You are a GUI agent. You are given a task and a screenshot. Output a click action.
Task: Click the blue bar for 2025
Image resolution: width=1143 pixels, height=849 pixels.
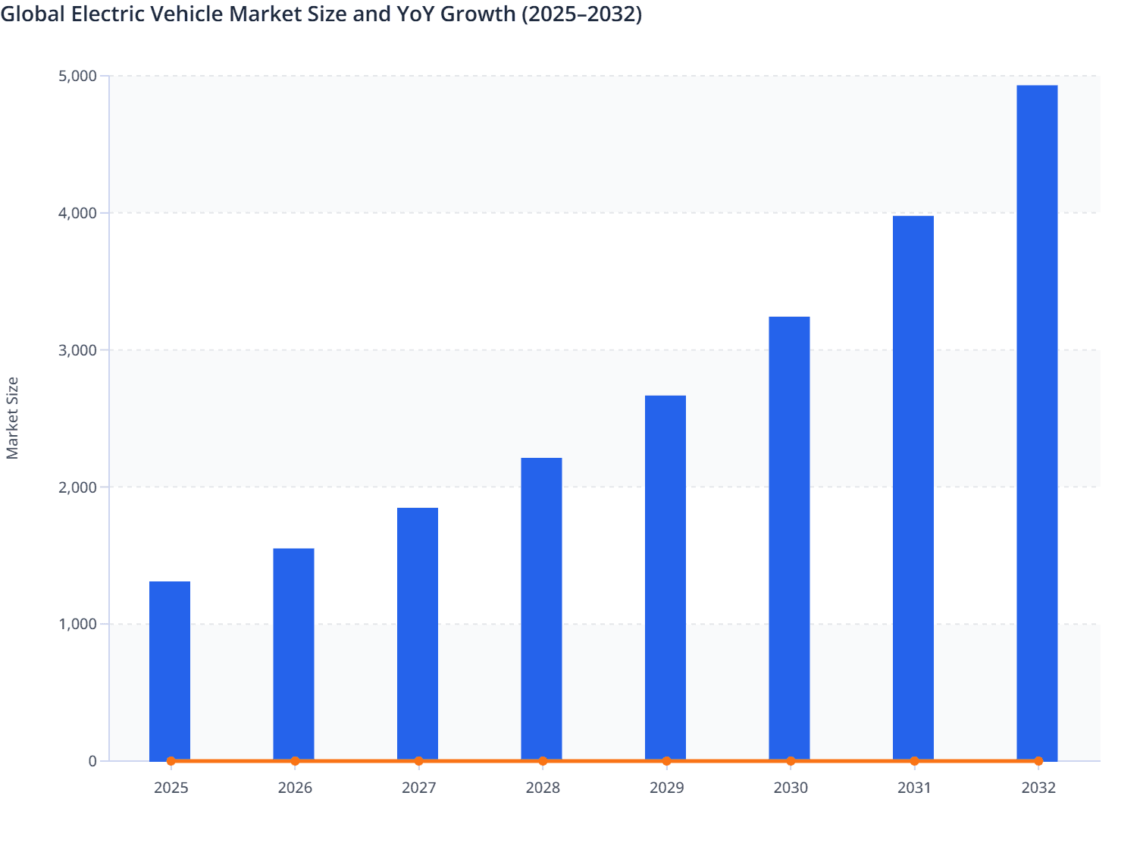click(170, 671)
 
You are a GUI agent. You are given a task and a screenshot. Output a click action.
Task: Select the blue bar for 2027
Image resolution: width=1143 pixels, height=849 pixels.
click(418, 634)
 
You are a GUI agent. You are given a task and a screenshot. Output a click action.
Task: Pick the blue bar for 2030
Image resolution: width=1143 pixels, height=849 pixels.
click(789, 538)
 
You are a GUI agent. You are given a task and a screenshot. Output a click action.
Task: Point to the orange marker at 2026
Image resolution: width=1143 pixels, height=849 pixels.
click(295, 761)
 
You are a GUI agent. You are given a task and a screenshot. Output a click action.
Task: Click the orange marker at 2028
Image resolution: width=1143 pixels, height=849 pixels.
click(543, 761)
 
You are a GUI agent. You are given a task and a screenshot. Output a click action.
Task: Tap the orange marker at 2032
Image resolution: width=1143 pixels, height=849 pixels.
click(1038, 761)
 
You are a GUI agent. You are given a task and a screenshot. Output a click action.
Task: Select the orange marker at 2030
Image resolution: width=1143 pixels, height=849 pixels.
click(791, 761)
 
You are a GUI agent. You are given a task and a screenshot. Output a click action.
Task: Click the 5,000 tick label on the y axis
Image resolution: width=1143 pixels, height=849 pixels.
click(77, 76)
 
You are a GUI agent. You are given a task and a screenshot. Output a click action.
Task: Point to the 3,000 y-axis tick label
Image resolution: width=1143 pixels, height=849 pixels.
click(77, 350)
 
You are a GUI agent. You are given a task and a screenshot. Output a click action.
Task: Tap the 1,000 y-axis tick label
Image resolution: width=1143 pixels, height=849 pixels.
click(77, 625)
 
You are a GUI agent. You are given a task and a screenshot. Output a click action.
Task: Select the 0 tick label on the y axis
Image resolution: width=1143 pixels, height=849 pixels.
click(92, 761)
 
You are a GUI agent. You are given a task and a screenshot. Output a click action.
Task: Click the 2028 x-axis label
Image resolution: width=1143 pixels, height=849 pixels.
click(543, 788)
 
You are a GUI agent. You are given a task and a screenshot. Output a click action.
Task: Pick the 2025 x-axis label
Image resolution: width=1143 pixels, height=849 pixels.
click(171, 788)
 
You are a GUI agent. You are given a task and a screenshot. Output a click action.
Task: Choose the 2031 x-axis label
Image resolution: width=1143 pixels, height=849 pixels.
click(914, 788)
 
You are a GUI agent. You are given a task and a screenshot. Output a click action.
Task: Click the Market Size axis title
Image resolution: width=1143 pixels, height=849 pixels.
click(12, 418)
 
